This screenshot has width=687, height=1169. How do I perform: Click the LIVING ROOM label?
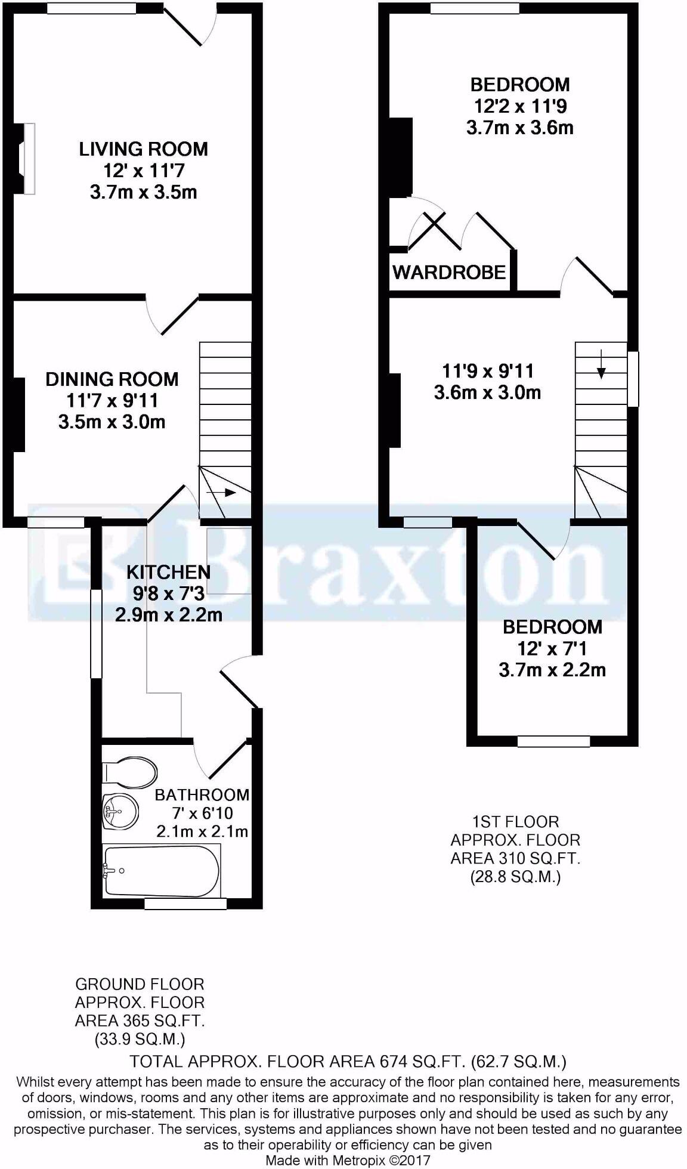(x=143, y=149)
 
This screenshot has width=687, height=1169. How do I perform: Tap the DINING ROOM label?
(x=112, y=379)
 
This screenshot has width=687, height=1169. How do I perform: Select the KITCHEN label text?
(x=168, y=573)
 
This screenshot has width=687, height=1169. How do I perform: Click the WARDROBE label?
(x=449, y=273)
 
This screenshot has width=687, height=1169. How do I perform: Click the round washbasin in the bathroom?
(x=119, y=811)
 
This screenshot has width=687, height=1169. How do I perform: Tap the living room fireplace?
(x=27, y=158)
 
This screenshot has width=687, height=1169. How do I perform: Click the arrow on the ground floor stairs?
(x=221, y=492)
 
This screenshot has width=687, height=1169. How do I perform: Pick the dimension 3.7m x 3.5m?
(x=143, y=193)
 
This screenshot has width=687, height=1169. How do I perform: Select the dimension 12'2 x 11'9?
(x=520, y=106)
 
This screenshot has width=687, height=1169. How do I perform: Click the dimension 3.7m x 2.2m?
(x=552, y=670)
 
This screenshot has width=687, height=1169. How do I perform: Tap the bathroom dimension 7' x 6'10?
(x=202, y=813)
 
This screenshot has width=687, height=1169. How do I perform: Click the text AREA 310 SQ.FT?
(x=515, y=859)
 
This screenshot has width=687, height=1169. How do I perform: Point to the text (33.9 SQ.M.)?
(x=140, y=1040)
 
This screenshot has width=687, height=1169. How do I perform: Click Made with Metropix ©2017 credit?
(x=348, y=1160)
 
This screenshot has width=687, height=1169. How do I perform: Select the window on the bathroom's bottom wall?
(x=185, y=904)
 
